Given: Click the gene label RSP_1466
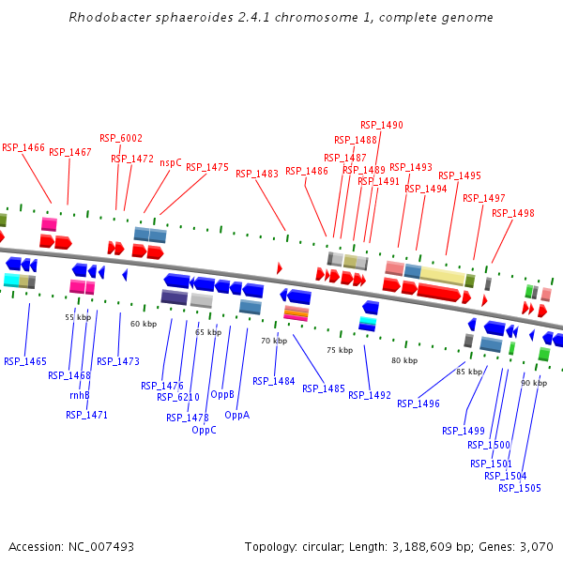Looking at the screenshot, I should pyautogui.click(x=23, y=147).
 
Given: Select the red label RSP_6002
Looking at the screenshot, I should pyautogui.click(x=121, y=138).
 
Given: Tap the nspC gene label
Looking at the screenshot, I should pyautogui.click(x=171, y=162).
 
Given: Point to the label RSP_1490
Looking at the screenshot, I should pyautogui.click(x=382, y=125).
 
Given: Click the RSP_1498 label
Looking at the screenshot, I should pyautogui.click(x=513, y=213).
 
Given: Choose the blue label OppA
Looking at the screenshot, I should pyautogui.click(x=237, y=414).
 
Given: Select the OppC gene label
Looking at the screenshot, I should pyautogui.click(x=204, y=430).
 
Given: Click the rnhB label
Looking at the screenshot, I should pyautogui.click(x=80, y=395).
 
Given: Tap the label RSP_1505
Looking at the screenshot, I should pyautogui.click(x=520, y=487).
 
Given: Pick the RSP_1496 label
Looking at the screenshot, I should pyautogui.click(x=418, y=403).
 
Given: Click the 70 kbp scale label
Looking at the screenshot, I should pyautogui.click(x=273, y=341).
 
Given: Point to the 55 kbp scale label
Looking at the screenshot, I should pyautogui.click(x=78, y=317).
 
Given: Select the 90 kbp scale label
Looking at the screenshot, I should pyautogui.click(x=534, y=383).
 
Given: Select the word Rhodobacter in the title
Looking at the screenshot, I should pyautogui.click(x=107, y=18).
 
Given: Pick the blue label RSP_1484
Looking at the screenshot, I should pyautogui.click(x=274, y=381).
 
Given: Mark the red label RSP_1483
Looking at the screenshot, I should pyautogui.click(x=257, y=174).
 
